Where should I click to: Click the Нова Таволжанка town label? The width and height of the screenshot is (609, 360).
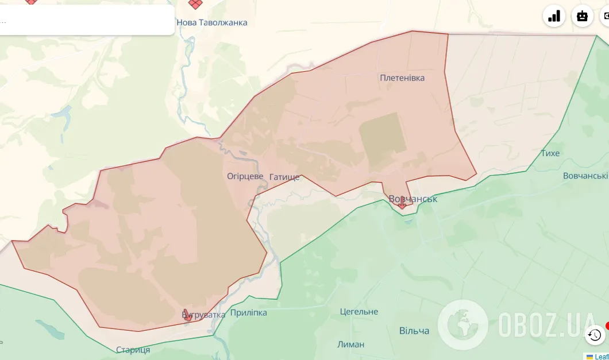click(x=212, y=22)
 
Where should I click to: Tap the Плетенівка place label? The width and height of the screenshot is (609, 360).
click(x=402, y=78)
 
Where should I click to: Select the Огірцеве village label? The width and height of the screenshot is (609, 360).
click(x=245, y=176)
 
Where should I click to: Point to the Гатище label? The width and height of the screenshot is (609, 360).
click(x=284, y=177)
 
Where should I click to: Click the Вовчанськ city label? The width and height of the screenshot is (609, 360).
click(x=413, y=199)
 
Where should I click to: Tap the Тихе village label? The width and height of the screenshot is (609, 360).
click(x=550, y=153)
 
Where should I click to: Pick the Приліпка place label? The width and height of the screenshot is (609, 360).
click(x=249, y=313)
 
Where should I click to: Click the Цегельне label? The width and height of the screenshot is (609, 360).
click(x=359, y=311)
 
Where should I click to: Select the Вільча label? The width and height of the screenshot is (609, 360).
click(x=414, y=331)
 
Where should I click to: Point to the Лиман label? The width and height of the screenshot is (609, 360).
click(x=350, y=344)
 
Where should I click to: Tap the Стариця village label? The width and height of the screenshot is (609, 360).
click(x=133, y=350)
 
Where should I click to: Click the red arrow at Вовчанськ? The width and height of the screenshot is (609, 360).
click(x=402, y=203)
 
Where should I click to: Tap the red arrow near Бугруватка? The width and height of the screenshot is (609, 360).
click(x=188, y=315)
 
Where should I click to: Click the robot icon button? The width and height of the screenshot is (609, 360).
click(x=583, y=16)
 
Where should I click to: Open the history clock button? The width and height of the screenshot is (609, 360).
click(x=595, y=335)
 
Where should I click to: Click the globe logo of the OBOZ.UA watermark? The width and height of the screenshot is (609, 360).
click(x=462, y=324)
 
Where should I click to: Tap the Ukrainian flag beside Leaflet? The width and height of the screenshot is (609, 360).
click(x=589, y=357)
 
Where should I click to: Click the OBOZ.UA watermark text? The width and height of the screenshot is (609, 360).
click(x=546, y=325)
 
